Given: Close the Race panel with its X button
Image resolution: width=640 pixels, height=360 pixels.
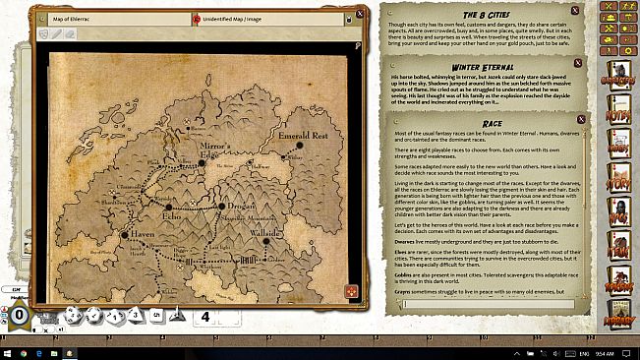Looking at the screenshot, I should (x=582, y=119).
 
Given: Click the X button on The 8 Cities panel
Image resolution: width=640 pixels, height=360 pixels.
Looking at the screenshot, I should (x=583, y=9).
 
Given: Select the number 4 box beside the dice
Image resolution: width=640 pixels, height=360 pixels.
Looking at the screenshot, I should (x=204, y=317).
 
